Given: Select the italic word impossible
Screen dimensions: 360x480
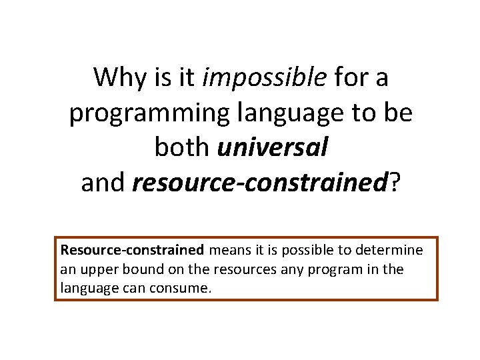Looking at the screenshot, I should [x=263, y=77].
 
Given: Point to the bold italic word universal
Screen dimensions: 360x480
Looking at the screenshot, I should [x=273, y=147].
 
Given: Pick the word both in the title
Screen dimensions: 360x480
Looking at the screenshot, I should [x=183, y=147].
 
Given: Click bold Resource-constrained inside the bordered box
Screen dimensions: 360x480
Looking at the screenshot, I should [x=132, y=251].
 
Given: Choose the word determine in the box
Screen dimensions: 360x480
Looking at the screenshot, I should [x=389, y=251].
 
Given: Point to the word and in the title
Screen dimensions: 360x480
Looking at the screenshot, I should [x=103, y=182].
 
